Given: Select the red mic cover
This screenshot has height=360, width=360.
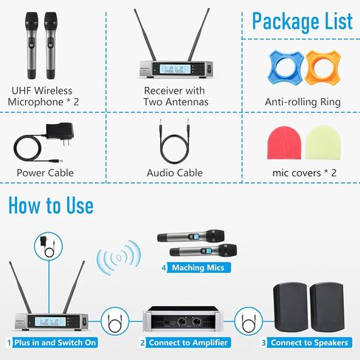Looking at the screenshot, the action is click(284, 143).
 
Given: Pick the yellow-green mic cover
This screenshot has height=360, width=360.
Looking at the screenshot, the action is click(323, 143).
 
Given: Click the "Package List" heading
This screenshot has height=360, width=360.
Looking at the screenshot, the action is click(302, 22).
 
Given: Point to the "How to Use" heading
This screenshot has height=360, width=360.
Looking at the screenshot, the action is click(51, 206).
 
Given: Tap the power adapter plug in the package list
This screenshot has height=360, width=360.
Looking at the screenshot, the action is click(60, 134).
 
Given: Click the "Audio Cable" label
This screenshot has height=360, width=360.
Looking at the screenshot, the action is click(175, 173).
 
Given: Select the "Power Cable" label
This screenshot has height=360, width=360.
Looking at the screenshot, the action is click(45, 173).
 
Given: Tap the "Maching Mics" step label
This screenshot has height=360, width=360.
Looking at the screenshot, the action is click(198, 268).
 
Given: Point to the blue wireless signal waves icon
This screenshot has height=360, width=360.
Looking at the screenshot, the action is click(119, 257).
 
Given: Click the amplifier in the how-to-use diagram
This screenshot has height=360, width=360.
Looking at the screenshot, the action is click(183, 319).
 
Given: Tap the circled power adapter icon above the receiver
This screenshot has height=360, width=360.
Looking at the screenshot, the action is click(49, 246).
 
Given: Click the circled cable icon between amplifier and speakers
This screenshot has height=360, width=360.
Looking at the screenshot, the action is click(249, 321).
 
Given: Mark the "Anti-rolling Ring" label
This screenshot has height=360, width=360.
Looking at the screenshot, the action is click(302, 102).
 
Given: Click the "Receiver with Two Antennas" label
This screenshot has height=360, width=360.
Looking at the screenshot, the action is click(175, 96).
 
